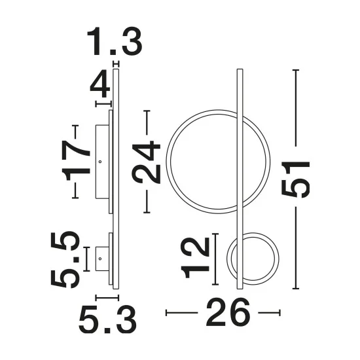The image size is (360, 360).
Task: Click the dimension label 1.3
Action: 115,41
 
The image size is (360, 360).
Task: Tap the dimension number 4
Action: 100,84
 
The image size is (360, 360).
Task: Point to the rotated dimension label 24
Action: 146,162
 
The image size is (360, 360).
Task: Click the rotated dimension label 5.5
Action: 65,259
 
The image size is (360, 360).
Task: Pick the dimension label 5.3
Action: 108,320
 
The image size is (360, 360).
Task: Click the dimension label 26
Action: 228,312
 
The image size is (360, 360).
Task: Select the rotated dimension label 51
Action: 296,179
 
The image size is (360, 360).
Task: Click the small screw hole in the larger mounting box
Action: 100,162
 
